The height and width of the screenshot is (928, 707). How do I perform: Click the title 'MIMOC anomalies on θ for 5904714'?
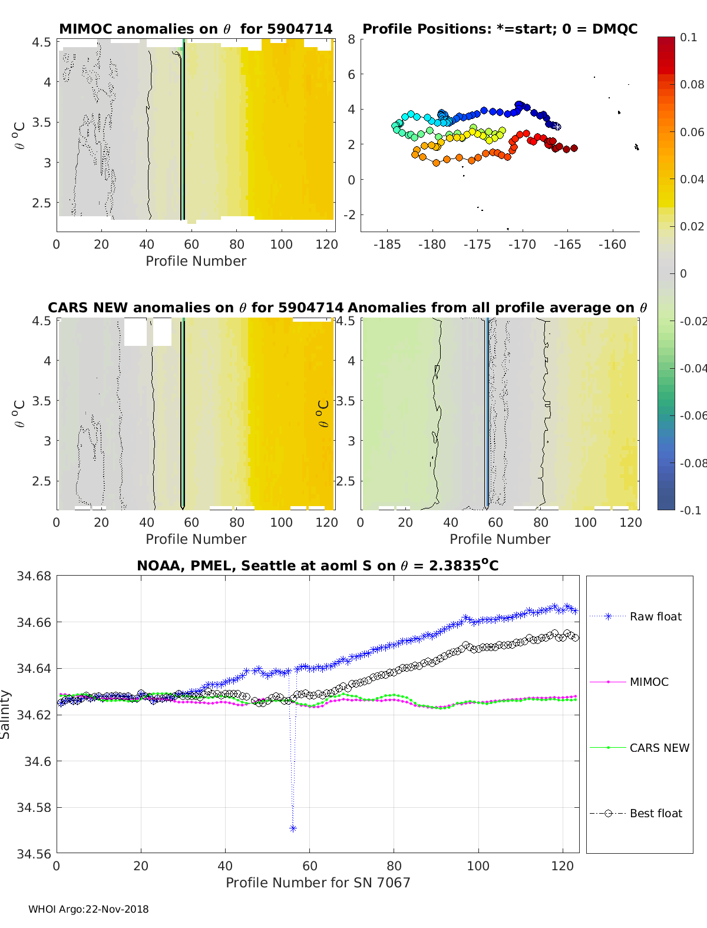click(196, 29)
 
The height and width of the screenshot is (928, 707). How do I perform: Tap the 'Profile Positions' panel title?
click(500, 29)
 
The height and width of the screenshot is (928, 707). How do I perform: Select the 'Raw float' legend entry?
click(655, 616)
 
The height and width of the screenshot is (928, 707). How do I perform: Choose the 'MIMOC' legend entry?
click(649, 682)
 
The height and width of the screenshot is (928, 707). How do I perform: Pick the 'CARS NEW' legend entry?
click(659, 748)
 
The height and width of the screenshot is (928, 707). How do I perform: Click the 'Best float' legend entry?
click(655, 813)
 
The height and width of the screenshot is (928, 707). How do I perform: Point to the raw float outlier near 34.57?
click(293, 828)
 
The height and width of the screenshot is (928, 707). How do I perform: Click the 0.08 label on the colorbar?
click(692, 84)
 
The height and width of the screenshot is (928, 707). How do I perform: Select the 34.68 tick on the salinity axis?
click(34, 576)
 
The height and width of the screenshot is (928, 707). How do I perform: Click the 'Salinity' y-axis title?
click(5, 714)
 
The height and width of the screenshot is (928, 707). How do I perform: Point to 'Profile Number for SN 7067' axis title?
click(318, 882)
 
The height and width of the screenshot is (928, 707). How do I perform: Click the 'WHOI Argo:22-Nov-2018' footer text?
click(88, 909)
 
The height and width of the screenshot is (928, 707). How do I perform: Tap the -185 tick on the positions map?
click(387, 245)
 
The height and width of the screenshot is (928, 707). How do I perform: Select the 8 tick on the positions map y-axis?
click(351, 39)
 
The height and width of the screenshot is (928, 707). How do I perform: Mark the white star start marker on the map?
click(557, 126)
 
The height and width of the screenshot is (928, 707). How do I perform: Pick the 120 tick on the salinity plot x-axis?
click(563, 866)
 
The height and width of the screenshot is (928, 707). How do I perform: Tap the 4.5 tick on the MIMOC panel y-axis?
click(42, 42)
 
